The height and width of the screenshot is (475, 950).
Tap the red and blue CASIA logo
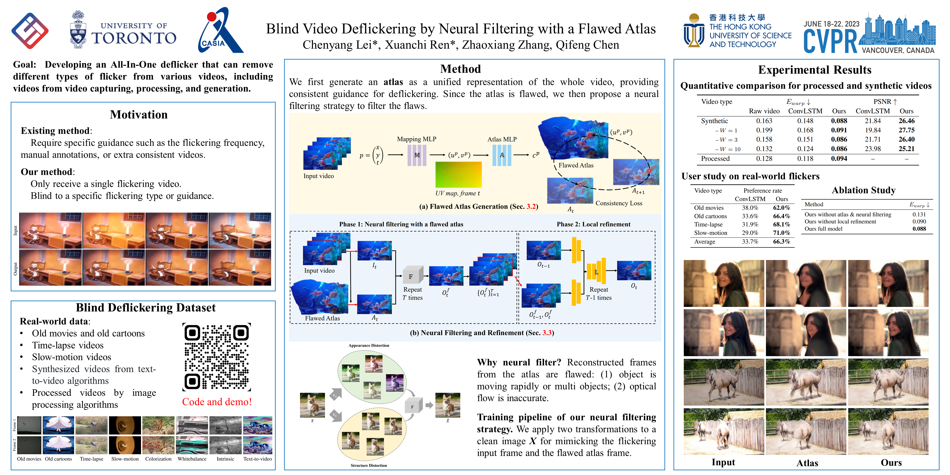(x=220, y=31)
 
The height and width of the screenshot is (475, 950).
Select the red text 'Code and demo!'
(x=217, y=402)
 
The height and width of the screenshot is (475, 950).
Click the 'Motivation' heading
(x=139, y=115)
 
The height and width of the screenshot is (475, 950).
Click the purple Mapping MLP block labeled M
(x=417, y=155)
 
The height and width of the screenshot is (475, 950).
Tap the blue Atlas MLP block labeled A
(x=502, y=155)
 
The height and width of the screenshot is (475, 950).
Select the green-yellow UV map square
(x=459, y=175)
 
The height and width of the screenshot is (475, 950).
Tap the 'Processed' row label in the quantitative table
(x=715, y=159)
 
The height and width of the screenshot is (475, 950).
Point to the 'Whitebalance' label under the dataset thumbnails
(x=192, y=459)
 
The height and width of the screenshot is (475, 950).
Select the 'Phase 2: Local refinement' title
(x=593, y=224)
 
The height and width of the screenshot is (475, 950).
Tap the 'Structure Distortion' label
(x=368, y=465)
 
